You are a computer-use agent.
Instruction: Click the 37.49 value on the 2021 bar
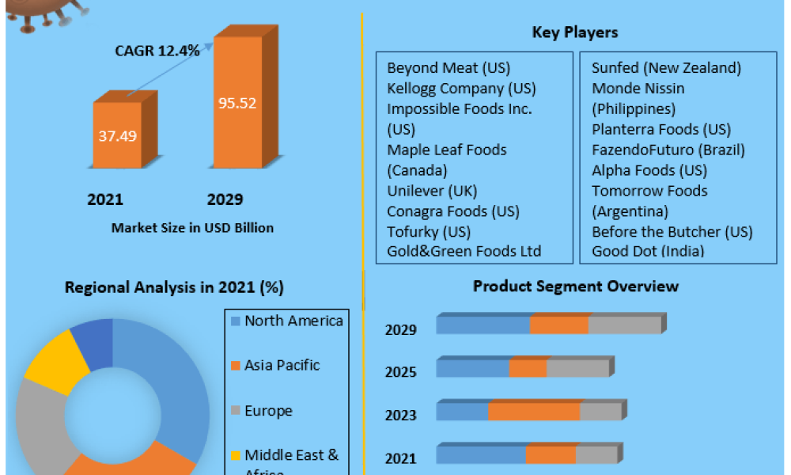(x=117, y=135)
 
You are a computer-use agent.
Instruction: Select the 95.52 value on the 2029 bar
(x=237, y=103)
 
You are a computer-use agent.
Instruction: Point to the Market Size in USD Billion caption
(x=192, y=228)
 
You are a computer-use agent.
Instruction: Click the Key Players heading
(x=575, y=32)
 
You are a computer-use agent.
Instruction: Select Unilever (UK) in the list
(x=432, y=191)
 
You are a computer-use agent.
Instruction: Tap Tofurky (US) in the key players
(x=429, y=231)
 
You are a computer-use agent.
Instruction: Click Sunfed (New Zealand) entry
(x=666, y=67)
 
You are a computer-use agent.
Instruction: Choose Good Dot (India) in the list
(x=648, y=252)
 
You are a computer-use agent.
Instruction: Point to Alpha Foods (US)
(x=649, y=170)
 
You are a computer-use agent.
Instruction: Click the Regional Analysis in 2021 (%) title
(x=174, y=287)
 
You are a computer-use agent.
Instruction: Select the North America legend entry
(x=293, y=321)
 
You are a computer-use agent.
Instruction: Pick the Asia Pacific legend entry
(x=282, y=365)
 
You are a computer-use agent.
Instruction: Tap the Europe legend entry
(x=268, y=411)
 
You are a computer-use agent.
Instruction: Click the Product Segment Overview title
(x=575, y=286)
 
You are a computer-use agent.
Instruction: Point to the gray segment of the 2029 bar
(x=624, y=325)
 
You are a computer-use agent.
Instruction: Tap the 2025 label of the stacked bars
(x=400, y=372)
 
